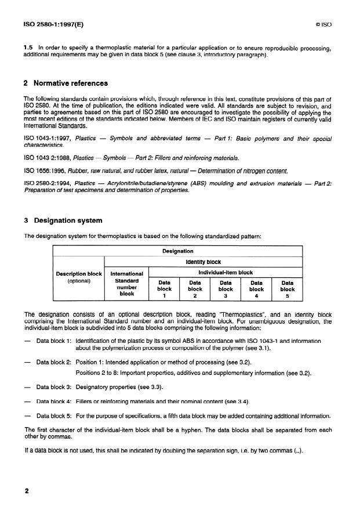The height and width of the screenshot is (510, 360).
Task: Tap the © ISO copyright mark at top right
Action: click(323, 26)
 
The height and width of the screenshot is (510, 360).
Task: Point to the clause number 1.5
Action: click(28, 48)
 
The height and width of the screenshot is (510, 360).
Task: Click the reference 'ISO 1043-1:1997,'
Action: click(46, 139)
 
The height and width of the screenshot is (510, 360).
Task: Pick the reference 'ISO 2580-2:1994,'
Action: click(46, 183)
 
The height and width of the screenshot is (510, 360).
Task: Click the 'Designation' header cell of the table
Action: click(177, 251)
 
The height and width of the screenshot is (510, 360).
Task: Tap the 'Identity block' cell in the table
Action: click(203, 262)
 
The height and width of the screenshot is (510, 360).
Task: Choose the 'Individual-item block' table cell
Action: click(226, 272)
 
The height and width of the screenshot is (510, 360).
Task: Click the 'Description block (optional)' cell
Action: click(78, 277)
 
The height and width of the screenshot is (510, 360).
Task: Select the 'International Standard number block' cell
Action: click(126, 283)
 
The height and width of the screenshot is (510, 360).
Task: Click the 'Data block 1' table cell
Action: click(164, 288)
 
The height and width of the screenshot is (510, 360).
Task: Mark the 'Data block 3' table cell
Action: click(226, 288)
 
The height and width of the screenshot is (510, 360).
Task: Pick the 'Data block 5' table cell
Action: click(288, 288)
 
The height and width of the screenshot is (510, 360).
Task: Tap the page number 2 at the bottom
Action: click(27, 491)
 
